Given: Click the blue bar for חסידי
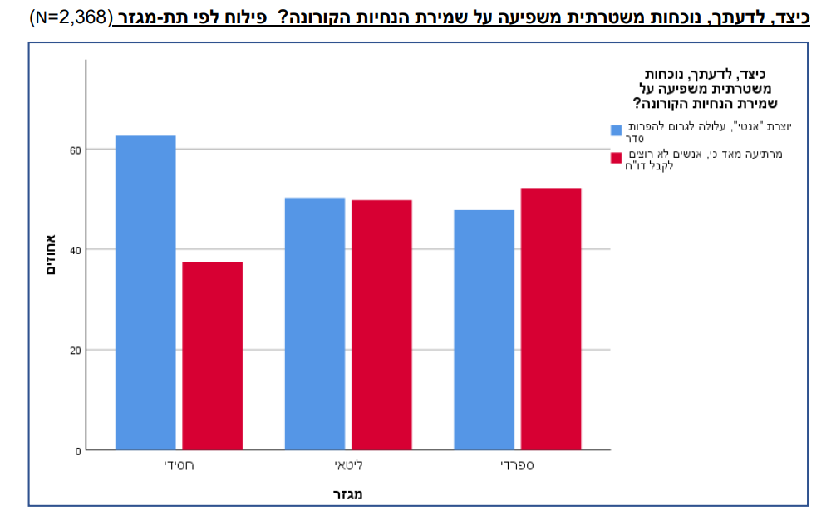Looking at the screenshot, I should pos(145,292).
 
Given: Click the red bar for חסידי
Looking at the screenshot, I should pos(213,356).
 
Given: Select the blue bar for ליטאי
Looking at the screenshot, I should pos(314,323).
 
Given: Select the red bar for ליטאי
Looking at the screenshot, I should pos(381,325).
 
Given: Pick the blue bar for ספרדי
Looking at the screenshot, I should pos(484,330).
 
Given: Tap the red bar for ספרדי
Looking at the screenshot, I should pos(551,319).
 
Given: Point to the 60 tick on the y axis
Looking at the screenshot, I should pos(76,150).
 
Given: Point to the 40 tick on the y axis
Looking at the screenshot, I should pos(76,249).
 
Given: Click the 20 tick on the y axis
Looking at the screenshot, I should pos(76,350).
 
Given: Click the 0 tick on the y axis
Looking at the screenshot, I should pos(78,450).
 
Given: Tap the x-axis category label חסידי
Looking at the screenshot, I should pos(179,465).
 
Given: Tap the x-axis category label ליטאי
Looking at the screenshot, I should pos(348,465).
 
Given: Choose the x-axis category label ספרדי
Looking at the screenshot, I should pos(517,465).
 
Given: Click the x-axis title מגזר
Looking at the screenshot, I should pos(347,494).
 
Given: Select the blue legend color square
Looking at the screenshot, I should pos(617,130).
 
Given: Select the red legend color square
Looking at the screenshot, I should pos(617,158).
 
